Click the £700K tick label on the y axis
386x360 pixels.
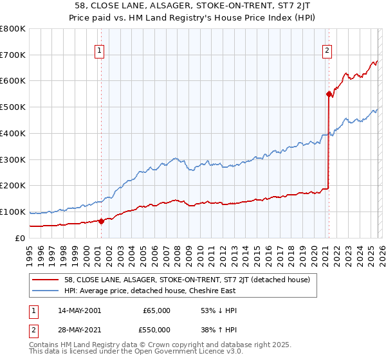click(x=13, y=55)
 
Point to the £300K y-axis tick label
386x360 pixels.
click(x=13, y=159)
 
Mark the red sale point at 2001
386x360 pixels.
click(x=101, y=221)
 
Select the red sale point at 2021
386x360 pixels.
click(x=329, y=94)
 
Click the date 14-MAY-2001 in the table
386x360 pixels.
click(x=80, y=310)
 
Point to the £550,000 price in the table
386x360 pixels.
click(x=156, y=329)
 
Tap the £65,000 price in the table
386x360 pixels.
click(x=156, y=310)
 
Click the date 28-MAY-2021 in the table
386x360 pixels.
click(x=80, y=329)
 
